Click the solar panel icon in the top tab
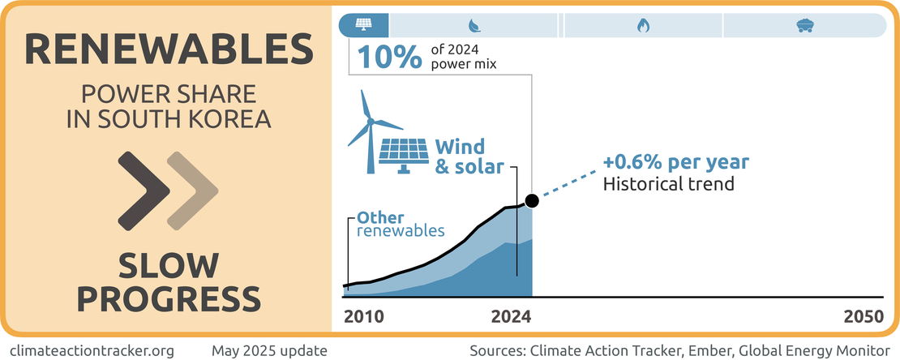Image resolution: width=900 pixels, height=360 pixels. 364,25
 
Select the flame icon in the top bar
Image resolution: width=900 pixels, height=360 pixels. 642,25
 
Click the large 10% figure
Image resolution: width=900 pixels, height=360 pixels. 390,57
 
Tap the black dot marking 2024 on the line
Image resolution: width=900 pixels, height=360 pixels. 532,200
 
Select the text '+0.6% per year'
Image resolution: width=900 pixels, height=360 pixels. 675,162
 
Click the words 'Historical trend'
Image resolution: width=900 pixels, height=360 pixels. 668,183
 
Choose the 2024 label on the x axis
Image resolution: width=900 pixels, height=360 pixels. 511,316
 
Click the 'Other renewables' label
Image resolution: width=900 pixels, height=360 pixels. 401,224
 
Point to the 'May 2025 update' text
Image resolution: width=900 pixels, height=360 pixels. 269,351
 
